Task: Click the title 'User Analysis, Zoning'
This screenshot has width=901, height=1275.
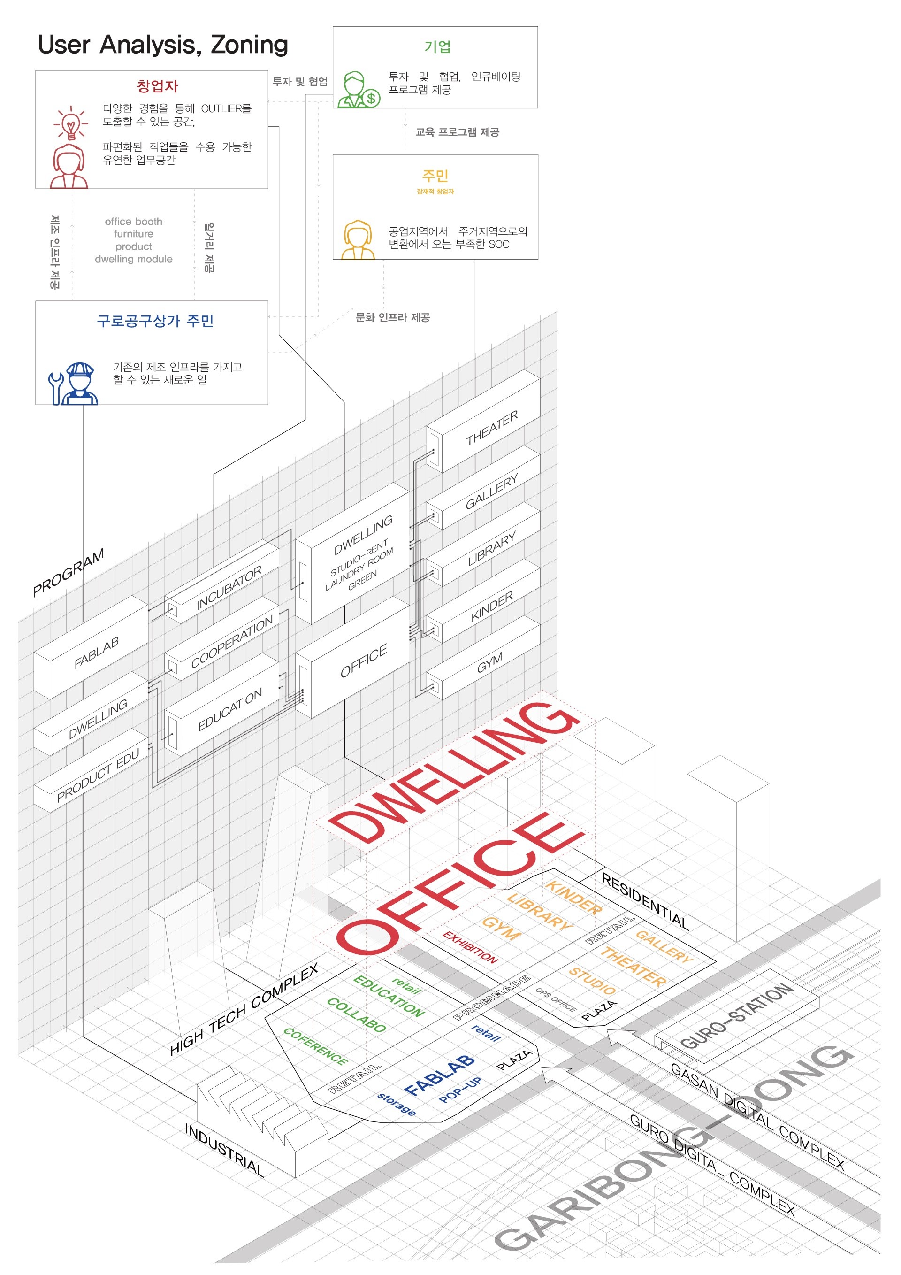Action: click(x=163, y=45)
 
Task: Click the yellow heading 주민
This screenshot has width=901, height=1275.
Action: click(x=435, y=176)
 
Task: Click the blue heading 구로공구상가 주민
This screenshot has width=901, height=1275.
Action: click(x=155, y=321)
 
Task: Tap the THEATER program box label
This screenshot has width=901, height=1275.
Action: click(x=492, y=428)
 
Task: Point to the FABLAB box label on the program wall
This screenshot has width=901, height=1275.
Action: click(x=97, y=652)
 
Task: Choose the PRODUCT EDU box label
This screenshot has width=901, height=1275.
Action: click(x=98, y=776)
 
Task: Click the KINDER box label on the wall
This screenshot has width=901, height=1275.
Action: click(x=492, y=607)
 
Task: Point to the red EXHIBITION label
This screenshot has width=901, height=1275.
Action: click(x=470, y=947)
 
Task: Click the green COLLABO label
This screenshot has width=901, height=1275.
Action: click(x=356, y=1014)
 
